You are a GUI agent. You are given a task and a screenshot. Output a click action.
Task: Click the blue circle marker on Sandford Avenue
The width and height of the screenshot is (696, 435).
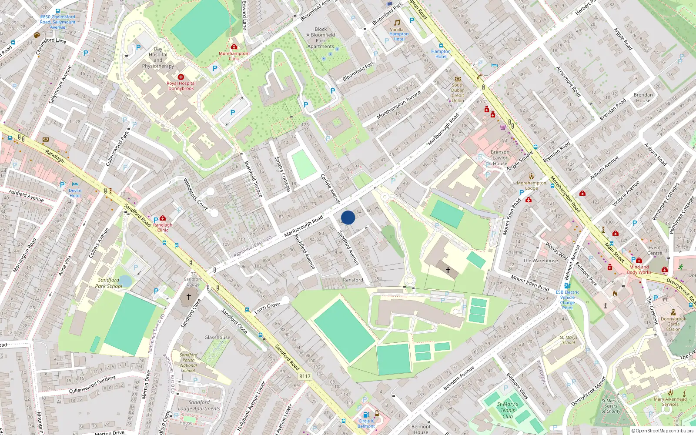(348, 217)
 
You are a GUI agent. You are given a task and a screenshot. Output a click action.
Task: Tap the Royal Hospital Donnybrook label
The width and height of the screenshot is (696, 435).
(181, 86)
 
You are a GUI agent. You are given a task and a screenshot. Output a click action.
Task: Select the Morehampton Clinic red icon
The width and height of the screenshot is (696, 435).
(234, 47)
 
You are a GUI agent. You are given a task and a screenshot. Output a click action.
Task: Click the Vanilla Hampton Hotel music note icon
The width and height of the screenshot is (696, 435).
(397, 23)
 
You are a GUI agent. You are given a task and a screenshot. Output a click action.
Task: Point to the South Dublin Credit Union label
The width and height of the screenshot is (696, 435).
(458, 93)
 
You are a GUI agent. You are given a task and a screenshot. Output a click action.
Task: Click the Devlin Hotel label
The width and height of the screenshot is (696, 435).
(75, 193)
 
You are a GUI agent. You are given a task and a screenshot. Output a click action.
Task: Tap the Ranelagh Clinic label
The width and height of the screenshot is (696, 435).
(163, 227)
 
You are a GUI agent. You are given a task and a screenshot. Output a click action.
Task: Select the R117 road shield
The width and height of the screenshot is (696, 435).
(305, 376)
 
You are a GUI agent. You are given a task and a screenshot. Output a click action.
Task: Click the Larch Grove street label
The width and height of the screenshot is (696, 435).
(267, 308)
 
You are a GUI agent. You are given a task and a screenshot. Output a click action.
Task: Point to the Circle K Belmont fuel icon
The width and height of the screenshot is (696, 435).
(366, 415)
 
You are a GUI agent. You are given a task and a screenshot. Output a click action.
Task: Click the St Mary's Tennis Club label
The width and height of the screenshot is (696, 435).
(508, 410)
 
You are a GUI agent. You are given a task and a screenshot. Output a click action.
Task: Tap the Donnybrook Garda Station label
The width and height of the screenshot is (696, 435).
(673, 324)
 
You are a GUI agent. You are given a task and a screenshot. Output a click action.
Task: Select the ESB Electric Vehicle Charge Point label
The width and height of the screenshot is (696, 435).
(567, 300)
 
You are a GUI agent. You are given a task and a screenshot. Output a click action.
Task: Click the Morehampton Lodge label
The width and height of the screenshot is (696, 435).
(532, 186)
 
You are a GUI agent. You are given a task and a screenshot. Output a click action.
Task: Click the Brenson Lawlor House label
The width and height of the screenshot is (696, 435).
(500, 158)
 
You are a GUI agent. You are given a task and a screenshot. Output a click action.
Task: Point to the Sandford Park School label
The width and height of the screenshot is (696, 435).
(108, 283)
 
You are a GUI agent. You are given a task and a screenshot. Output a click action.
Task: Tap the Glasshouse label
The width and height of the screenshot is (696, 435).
(217, 338)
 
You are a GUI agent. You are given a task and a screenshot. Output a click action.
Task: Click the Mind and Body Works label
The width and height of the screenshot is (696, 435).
(639, 270)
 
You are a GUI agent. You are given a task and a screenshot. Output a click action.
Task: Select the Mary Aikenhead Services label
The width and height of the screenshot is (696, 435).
(670, 402)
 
